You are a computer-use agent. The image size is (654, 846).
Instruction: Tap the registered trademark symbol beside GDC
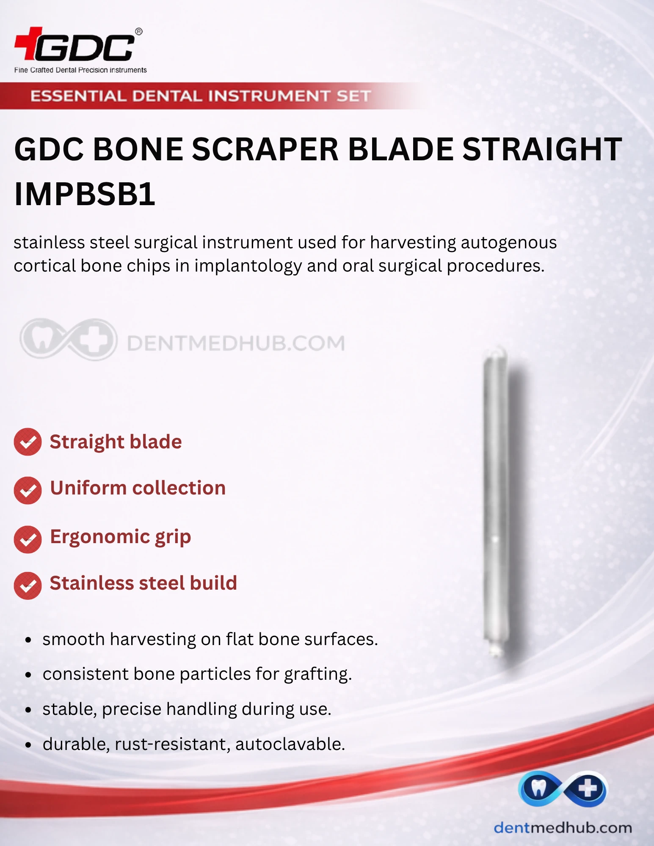pos(138,32)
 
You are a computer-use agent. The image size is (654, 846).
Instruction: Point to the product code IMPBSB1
pos(85,194)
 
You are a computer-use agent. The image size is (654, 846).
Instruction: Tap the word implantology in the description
pos(248,266)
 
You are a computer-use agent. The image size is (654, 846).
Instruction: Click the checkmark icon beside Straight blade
pos(28,442)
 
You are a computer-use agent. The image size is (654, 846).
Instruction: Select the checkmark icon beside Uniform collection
pos(28,490)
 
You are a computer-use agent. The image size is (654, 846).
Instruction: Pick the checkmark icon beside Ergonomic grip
pos(28,539)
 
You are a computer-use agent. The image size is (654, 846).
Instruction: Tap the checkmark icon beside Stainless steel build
pos(28,585)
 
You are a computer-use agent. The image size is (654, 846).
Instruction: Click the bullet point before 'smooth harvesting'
pos(28,640)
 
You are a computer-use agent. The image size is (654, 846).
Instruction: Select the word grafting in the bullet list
pos(318,674)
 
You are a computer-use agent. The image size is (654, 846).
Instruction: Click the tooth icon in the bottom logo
pos(538,788)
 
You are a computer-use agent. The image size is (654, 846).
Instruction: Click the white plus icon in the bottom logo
pos(588,788)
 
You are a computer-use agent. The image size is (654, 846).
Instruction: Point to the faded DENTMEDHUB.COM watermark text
pos(236,343)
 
